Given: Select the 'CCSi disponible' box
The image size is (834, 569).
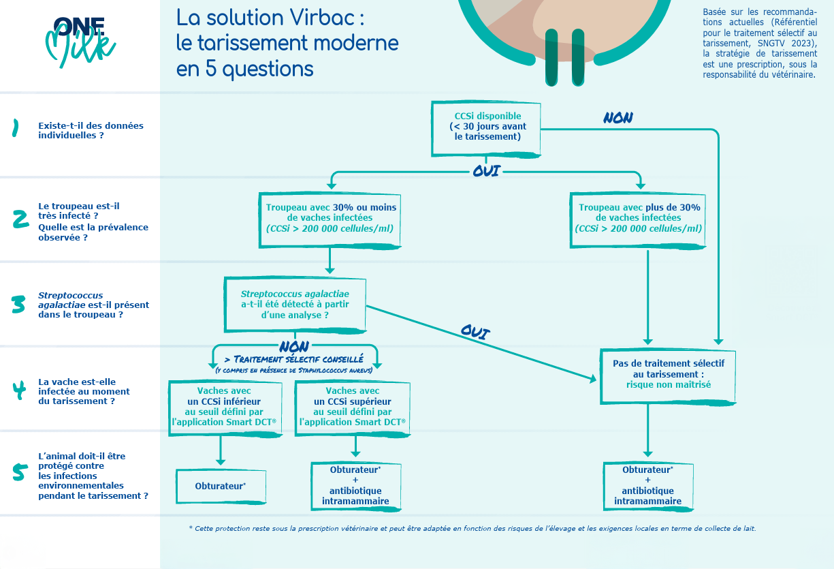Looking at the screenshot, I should click(487, 127).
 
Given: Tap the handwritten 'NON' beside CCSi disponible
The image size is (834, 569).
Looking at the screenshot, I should click(618, 118).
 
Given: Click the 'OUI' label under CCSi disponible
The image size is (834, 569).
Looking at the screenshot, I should click(486, 170).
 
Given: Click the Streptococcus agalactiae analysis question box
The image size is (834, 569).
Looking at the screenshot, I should click(295, 304).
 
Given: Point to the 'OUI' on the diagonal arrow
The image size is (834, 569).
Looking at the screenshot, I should click(476, 332).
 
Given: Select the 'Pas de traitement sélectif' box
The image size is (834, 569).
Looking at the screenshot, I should click(668, 374).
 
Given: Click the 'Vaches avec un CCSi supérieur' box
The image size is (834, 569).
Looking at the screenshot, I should click(353, 407).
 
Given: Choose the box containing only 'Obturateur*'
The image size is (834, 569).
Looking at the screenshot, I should click(220, 486).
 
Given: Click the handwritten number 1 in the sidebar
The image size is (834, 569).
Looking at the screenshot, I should click(15, 129).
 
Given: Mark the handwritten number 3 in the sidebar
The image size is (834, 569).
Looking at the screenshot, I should click(18, 305).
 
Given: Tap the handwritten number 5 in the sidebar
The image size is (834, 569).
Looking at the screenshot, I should click(20, 472).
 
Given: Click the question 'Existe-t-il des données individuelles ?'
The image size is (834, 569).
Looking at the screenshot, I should click(91, 130).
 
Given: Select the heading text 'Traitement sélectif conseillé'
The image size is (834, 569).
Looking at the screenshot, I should click(294, 358).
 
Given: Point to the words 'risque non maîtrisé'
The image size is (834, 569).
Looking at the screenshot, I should click(668, 384).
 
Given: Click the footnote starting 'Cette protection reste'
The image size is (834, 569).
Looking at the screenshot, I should click(472, 529).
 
